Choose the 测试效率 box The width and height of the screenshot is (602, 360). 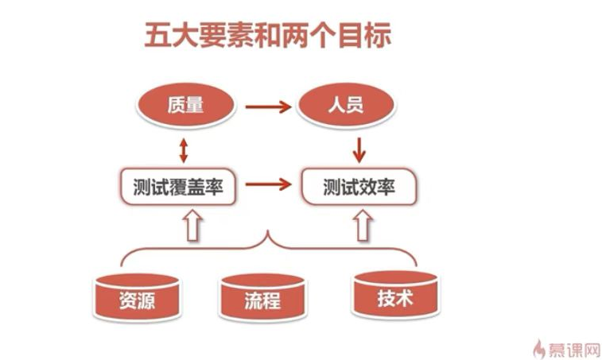click(x=358, y=188)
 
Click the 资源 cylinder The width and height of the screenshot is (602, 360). click(x=137, y=298)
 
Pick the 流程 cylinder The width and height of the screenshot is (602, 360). click(x=262, y=299)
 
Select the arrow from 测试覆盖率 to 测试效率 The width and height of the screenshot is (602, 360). click(x=268, y=185)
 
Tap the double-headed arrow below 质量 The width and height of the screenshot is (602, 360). click(x=184, y=149)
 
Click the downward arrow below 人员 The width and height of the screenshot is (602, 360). click(x=359, y=148)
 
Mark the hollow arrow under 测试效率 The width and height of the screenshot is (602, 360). click(x=363, y=224)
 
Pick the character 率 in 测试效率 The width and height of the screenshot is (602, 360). click(x=387, y=188)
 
